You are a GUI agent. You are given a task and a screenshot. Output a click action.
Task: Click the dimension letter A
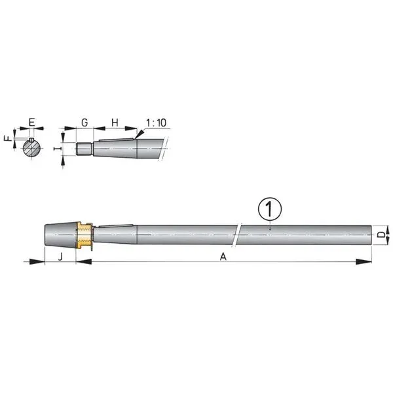(x=223, y=256)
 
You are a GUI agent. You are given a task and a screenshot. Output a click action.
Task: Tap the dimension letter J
(x=60, y=256)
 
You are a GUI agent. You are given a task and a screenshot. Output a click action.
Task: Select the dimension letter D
(x=381, y=235)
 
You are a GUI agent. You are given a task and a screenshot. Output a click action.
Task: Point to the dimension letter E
(x=32, y=122)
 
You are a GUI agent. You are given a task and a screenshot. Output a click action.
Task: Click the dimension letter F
(x=9, y=138)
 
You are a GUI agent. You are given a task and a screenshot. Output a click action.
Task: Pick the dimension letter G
(x=84, y=122)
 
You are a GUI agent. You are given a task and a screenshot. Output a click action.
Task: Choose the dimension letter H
(x=115, y=122)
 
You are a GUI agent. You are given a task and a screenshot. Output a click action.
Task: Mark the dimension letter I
(x=58, y=149)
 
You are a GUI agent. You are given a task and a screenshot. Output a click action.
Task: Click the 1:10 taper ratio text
(x=156, y=123)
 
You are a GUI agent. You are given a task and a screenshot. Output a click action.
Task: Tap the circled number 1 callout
(x=270, y=209)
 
